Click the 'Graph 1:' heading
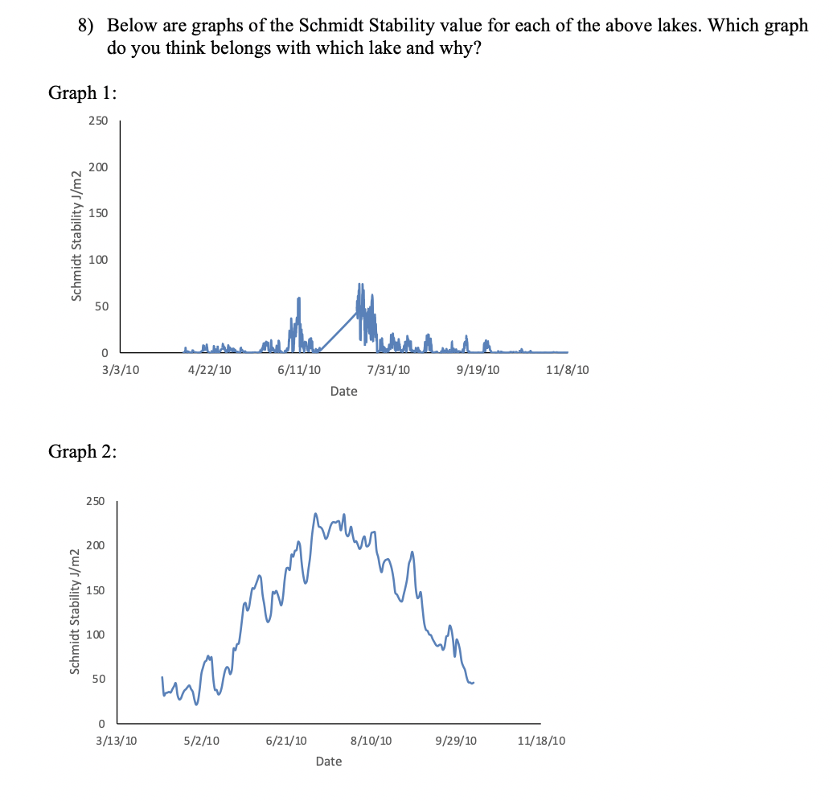(83, 92)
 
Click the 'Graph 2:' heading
(83, 451)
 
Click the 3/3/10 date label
(119, 370)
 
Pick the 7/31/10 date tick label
(388, 370)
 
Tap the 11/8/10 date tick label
(567, 370)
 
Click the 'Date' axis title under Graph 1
(343, 392)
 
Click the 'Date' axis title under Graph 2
(328, 761)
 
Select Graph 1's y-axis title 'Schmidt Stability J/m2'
(77, 236)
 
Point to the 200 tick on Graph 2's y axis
(95, 546)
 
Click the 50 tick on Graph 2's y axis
(98, 679)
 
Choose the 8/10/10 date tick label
(371, 740)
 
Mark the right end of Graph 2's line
(474, 682)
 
